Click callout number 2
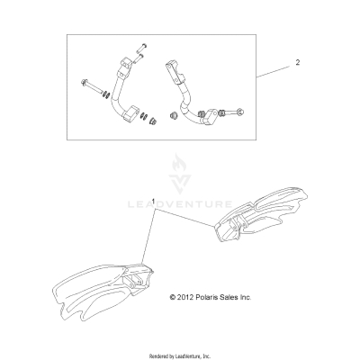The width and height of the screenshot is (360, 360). [297, 63]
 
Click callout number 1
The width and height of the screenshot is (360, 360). [154, 202]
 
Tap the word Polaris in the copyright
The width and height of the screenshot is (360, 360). [206, 297]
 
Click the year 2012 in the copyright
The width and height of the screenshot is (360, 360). [185, 297]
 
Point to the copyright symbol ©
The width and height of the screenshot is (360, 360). [172, 297]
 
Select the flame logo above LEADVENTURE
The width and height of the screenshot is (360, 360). [180, 174]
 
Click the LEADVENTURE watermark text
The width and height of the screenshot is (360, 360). [180, 204]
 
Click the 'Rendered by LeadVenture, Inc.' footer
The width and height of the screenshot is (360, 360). [180, 356]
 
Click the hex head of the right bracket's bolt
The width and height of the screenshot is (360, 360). [239, 112]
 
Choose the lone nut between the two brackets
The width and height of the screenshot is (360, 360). [173, 115]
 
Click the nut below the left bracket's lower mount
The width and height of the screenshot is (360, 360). [153, 121]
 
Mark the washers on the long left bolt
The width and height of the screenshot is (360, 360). [106, 94]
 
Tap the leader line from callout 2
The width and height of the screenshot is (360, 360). [274, 72]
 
